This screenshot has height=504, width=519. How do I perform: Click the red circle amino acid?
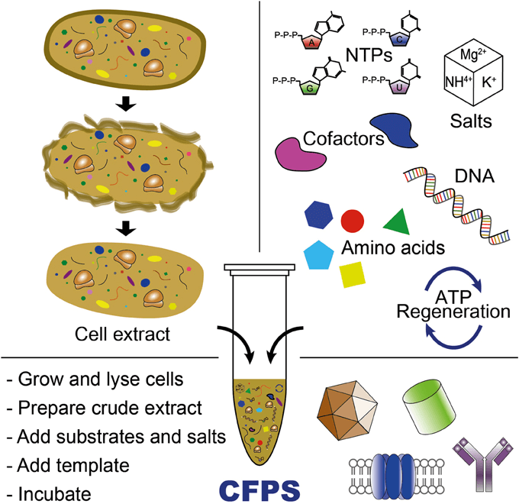[x=352, y=221]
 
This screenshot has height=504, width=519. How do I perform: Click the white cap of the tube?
[x=259, y=269]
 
